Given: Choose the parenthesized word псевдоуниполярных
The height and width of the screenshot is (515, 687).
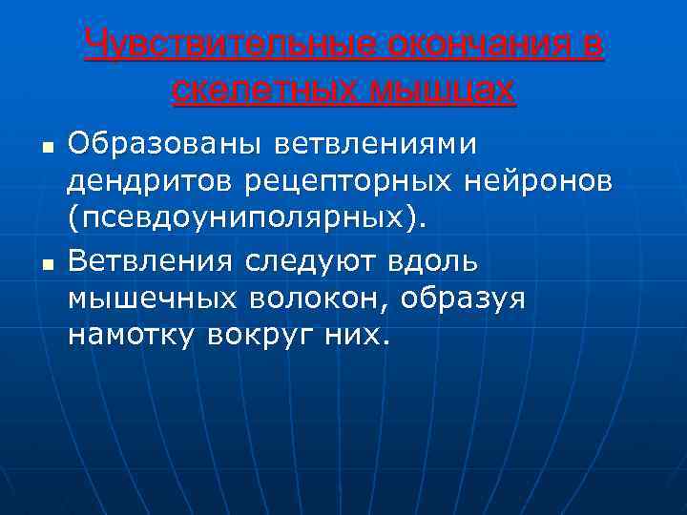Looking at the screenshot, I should point(249,218).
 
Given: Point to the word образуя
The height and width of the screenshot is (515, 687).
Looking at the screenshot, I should point(464,298).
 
